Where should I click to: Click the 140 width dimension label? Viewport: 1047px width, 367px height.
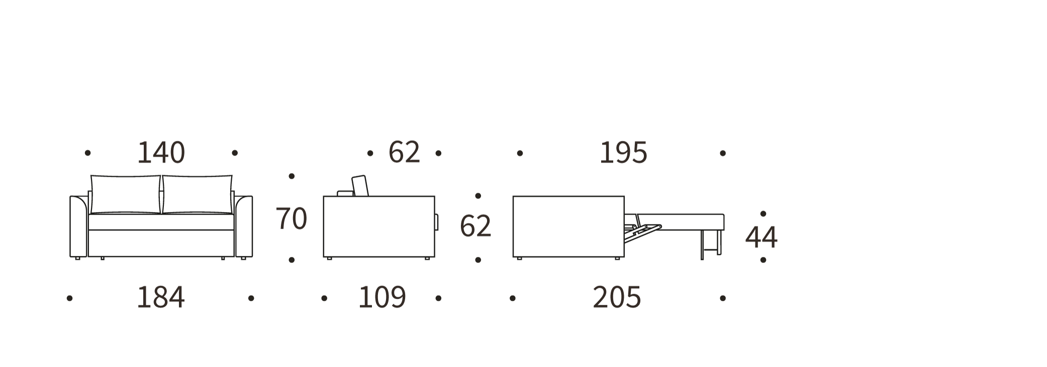pos(161,153)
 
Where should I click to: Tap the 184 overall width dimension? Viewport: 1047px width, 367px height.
pos(161,298)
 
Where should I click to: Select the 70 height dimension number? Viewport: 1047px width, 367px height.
pos(291,219)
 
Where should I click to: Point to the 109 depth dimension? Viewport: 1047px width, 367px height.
pos(382,298)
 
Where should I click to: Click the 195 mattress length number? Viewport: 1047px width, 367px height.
pos(623,153)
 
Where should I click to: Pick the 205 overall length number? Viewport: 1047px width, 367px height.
pos(617,298)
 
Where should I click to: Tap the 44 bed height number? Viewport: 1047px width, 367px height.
pos(761,237)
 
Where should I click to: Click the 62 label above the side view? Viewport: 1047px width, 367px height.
pos(404,152)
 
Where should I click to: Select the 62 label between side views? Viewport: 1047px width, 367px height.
pos(475,226)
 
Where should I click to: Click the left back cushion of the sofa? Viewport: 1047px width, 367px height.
pos(125,194)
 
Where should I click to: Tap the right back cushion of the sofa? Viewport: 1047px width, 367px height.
pos(198,194)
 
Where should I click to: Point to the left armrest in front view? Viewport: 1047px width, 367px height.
pos(78,227)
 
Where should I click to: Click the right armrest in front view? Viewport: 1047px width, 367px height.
pos(244,227)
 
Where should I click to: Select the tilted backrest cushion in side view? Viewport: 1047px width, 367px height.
pos(360,186)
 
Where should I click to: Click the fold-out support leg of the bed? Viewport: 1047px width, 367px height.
pos(702,246)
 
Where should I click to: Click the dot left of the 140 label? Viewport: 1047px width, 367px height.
pos(87,153)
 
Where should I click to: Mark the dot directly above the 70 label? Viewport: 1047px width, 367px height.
pos(292,176)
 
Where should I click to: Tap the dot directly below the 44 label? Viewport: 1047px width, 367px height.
pos(763,260)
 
